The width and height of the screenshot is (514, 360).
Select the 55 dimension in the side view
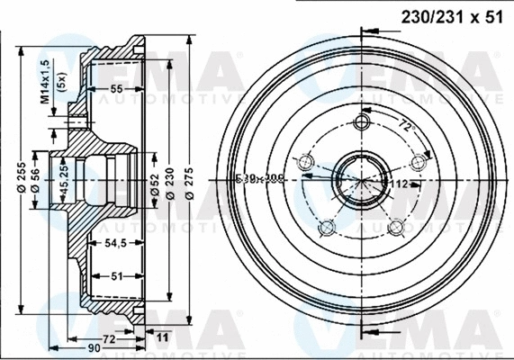[x=116, y=89]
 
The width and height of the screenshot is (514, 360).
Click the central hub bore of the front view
[x=362, y=177]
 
